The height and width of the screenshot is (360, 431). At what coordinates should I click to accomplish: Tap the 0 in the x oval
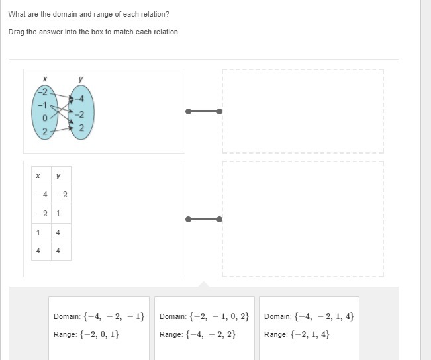click(x=45, y=118)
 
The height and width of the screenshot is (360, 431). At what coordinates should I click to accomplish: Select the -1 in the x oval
click(x=42, y=105)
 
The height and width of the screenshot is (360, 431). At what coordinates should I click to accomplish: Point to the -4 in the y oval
click(x=79, y=99)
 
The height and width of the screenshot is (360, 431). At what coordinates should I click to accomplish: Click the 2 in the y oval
click(x=81, y=128)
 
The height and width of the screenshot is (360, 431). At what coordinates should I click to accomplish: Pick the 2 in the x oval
click(x=45, y=131)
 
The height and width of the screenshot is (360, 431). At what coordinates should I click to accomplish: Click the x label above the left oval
click(x=45, y=79)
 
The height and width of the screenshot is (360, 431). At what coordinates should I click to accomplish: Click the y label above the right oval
click(x=81, y=79)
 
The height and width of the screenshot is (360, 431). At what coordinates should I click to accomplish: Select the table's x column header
click(x=41, y=175)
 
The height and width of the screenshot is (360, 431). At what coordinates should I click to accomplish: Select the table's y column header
click(x=61, y=175)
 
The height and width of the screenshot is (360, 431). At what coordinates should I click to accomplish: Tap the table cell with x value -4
click(x=41, y=195)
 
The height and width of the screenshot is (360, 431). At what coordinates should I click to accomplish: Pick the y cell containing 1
click(x=61, y=214)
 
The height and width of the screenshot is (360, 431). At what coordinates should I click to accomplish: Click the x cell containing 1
click(x=41, y=232)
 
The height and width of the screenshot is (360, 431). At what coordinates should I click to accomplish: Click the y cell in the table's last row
click(x=61, y=251)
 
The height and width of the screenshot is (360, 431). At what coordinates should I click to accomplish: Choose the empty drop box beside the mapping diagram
click(x=303, y=111)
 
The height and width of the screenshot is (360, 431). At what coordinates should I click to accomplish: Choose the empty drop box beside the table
click(x=303, y=219)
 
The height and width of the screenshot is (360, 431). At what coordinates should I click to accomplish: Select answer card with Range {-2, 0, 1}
click(x=99, y=328)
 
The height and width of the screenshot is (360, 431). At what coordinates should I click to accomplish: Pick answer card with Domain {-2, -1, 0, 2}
click(x=205, y=328)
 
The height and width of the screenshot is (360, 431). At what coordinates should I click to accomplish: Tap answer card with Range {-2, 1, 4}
click(x=309, y=328)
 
